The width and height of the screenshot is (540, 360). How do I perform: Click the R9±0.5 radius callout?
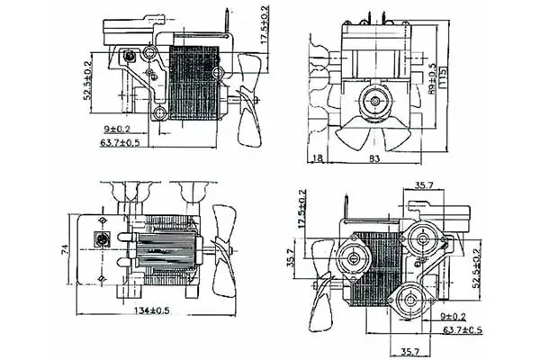433,79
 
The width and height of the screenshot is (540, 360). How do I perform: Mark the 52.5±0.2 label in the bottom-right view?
476,269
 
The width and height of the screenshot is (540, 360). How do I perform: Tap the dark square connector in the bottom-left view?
104,239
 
